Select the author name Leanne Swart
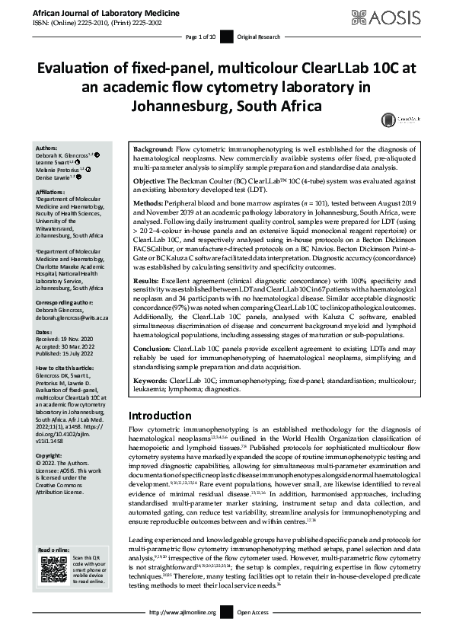(x=53, y=162)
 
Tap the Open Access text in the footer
(x=255, y=633)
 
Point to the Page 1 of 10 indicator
(x=200, y=37)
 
